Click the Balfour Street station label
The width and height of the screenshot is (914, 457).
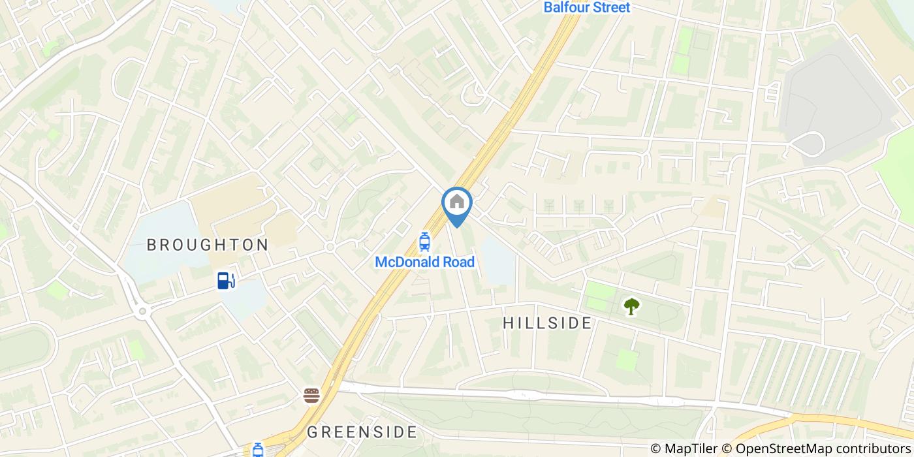tap(587, 8)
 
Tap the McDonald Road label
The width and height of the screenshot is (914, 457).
tap(424, 262)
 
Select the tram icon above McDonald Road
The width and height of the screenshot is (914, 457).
tap(424, 242)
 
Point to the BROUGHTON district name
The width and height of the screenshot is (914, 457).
tap(208, 245)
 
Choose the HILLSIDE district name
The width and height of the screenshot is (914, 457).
tap(547, 323)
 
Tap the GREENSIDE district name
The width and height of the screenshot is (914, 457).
tap(362, 432)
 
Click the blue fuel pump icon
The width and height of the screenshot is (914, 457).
tap(226, 281)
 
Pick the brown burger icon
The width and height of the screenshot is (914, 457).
tap(311, 395)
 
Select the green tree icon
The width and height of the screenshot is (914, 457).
tap(631, 306)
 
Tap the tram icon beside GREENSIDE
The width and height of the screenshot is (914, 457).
tap(258, 449)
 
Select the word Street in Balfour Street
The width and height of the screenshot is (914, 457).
tap(611, 8)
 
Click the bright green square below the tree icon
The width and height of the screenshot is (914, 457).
tap(627, 360)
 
